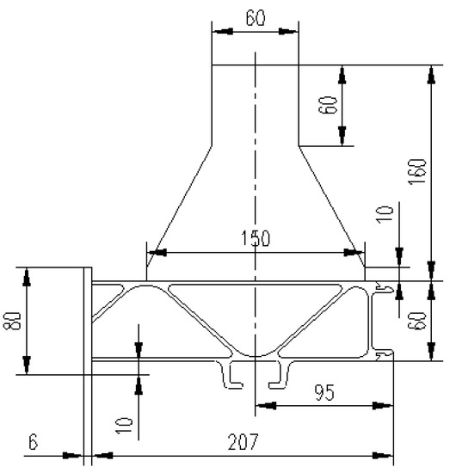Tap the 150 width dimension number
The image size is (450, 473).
[x=256, y=238]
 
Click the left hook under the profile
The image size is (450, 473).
[x=231, y=375]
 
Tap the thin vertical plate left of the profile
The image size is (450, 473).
[x=88, y=361]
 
